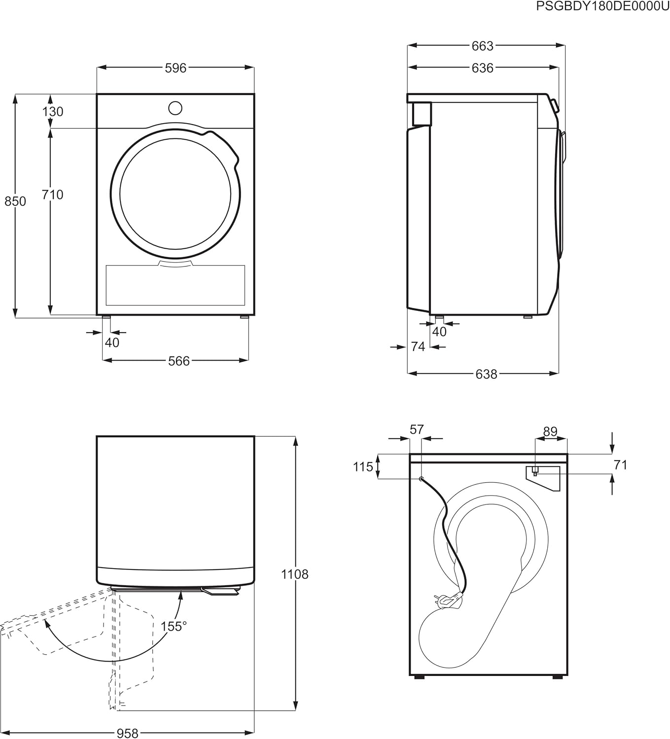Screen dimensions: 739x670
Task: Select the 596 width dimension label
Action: point(176,68)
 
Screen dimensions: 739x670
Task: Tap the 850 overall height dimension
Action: point(15,202)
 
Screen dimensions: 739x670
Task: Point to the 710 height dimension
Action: point(52,195)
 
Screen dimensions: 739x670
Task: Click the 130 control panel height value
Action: point(52,112)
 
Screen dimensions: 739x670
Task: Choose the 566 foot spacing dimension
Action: point(178,361)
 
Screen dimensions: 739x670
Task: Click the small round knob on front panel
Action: point(175,108)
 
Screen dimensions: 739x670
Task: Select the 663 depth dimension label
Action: point(482,46)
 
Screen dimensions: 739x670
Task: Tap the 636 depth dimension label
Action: point(482,68)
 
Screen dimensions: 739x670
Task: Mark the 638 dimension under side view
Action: point(486,374)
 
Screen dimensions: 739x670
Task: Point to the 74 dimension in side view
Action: point(418,347)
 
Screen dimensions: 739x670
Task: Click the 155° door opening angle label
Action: point(174,627)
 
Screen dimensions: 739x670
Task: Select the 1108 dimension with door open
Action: point(294,574)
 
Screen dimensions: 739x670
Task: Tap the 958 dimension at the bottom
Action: point(127,734)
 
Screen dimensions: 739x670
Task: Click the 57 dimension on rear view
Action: point(417,430)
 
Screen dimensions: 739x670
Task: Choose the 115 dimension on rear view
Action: point(363,467)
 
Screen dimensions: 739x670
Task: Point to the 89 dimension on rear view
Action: point(550,432)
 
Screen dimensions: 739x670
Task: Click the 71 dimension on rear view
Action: point(620,465)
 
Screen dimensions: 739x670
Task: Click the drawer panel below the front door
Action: point(176,286)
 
